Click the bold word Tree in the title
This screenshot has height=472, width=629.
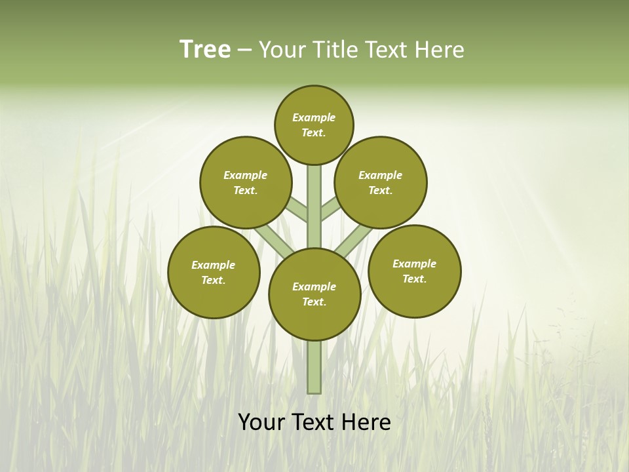coord(205,50)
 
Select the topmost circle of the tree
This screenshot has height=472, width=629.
coord(314,125)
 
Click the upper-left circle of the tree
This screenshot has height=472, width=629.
coord(245,182)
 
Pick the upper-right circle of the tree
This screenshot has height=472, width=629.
coord(381,182)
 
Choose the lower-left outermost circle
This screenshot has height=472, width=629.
coord(214,272)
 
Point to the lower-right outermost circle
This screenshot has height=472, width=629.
coord(414,271)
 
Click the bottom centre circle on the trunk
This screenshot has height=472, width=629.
coord(314,294)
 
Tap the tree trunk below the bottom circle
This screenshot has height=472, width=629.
coord(314,367)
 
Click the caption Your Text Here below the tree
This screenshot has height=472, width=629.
coord(314,422)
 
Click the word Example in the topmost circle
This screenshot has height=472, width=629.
coord(314,117)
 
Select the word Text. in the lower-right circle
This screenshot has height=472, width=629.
coord(414,279)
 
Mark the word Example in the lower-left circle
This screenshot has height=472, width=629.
coord(214,265)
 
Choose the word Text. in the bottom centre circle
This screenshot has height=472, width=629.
coord(314,302)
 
